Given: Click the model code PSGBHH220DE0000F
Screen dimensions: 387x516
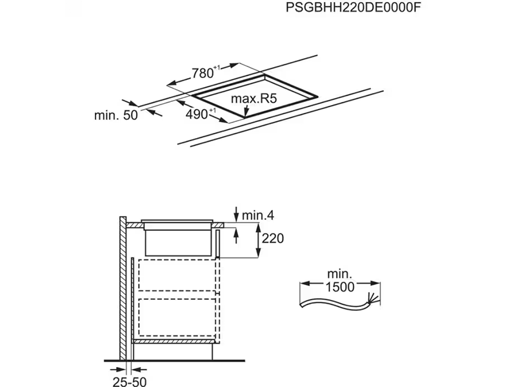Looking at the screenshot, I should [346, 10].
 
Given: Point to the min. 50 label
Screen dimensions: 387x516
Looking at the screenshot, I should [116, 115].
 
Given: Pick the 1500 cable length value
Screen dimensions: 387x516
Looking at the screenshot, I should [340, 287].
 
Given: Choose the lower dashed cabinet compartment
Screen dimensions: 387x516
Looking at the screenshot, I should [176, 317].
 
